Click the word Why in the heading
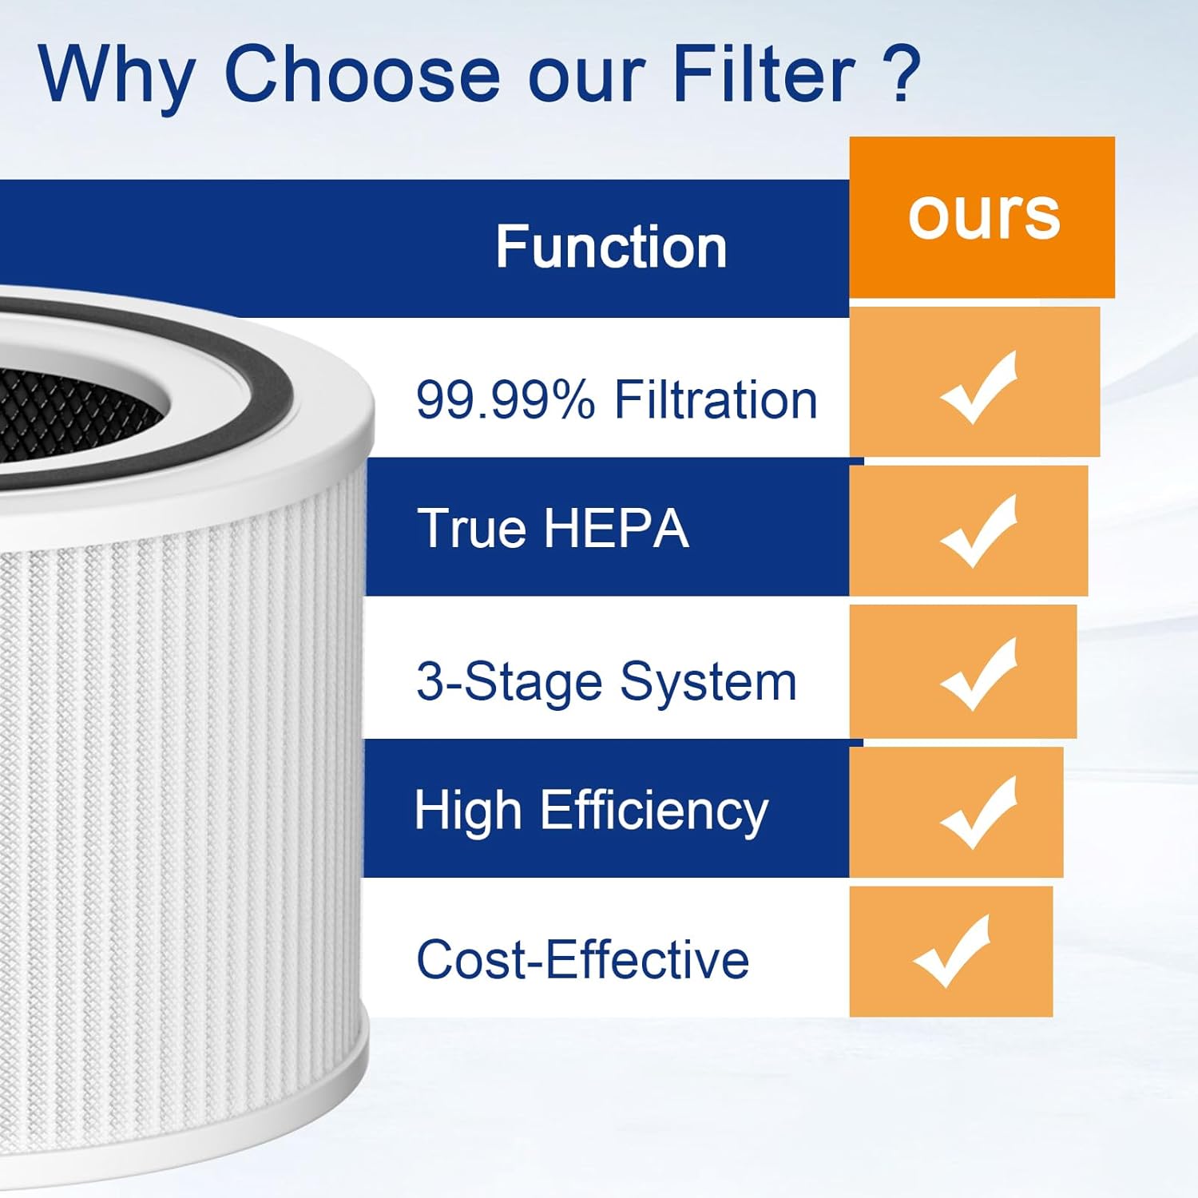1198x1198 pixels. click(117, 75)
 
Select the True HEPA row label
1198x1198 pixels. click(553, 528)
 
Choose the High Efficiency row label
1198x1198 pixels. click(591, 811)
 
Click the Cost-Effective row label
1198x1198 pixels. click(582, 959)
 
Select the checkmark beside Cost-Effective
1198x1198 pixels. click(952, 951)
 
